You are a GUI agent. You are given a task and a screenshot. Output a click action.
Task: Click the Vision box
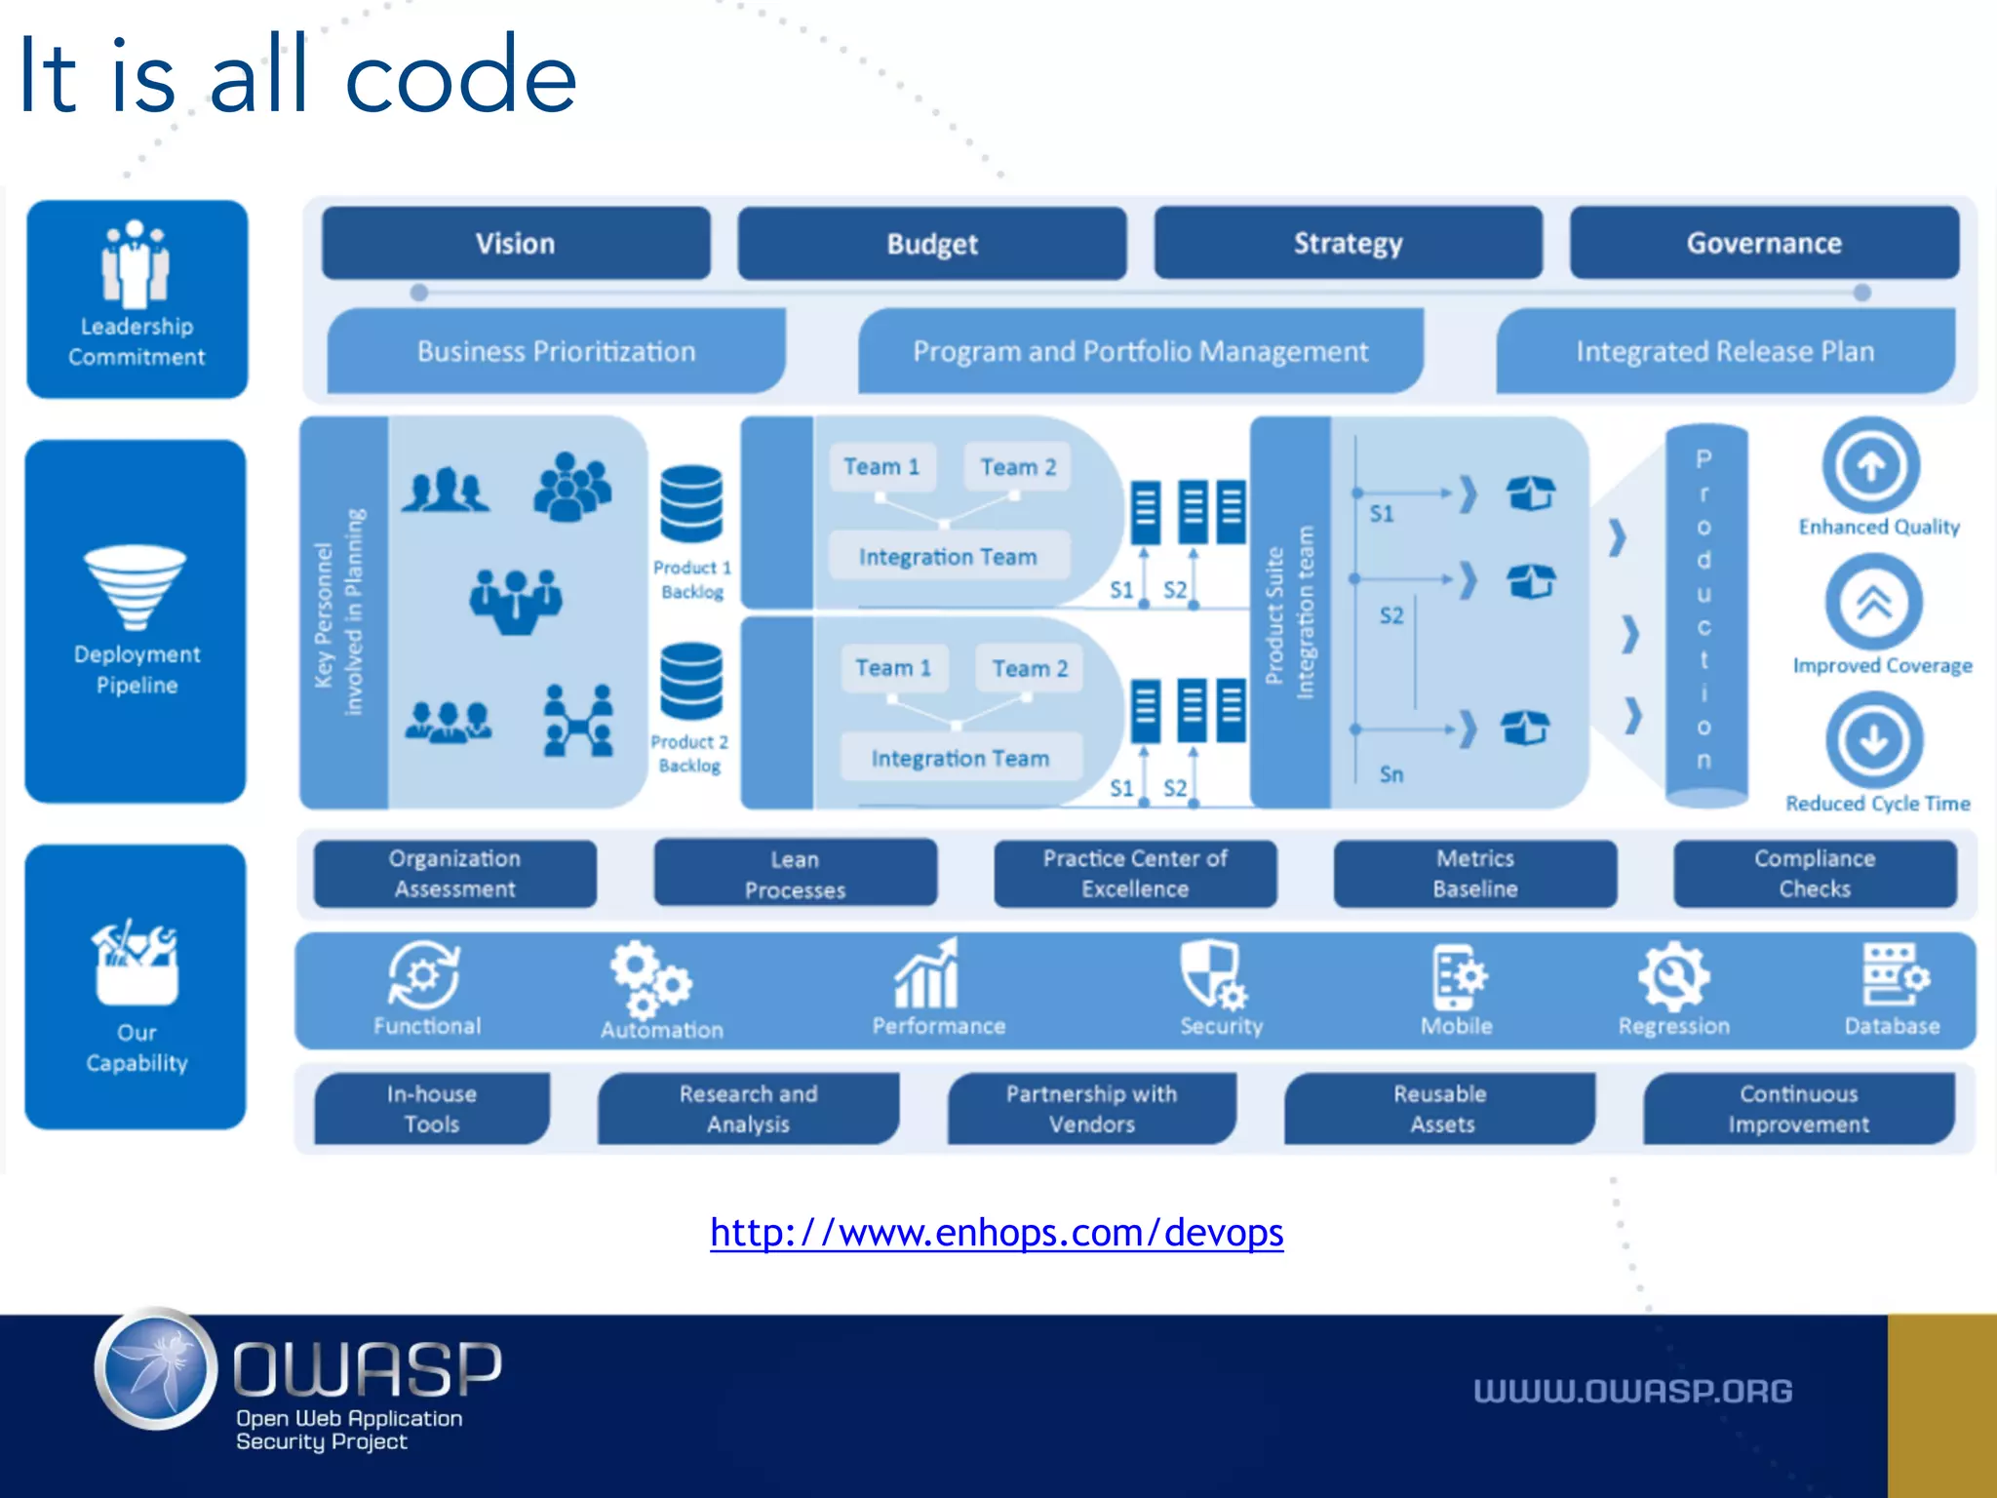[x=516, y=243]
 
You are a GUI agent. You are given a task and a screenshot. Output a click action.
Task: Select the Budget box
[x=931, y=243]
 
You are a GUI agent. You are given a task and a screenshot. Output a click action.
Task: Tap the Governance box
[x=1764, y=243]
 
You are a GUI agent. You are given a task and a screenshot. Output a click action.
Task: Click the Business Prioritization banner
[x=556, y=351]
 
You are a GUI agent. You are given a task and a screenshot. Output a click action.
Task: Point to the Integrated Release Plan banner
[x=1725, y=351]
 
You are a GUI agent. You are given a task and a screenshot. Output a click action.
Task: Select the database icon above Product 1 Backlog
[x=691, y=503]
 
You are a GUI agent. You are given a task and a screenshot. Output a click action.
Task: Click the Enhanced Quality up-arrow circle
[x=1871, y=466]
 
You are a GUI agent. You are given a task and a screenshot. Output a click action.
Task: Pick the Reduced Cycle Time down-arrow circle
[x=1874, y=740]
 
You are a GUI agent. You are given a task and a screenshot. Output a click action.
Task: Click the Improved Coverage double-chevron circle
[x=1873, y=603]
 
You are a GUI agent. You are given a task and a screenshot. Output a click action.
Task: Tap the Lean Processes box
[x=795, y=874]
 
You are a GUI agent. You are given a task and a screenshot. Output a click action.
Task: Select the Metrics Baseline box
[x=1474, y=874]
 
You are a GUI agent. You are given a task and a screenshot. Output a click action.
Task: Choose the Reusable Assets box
[x=1440, y=1109]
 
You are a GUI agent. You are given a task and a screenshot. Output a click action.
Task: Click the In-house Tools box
[x=431, y=1109]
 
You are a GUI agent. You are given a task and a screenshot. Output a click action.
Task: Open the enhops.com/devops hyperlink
[x=997, y=1233]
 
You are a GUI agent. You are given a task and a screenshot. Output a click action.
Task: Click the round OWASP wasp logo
[x=156, y=1369]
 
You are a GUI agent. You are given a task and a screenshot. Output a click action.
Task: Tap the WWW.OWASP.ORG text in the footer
[x=1632, y=1391]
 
